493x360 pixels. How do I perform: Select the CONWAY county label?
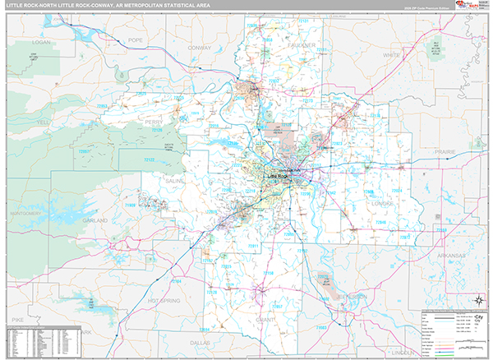[200, 47]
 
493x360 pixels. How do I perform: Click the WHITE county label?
[391, 55]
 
